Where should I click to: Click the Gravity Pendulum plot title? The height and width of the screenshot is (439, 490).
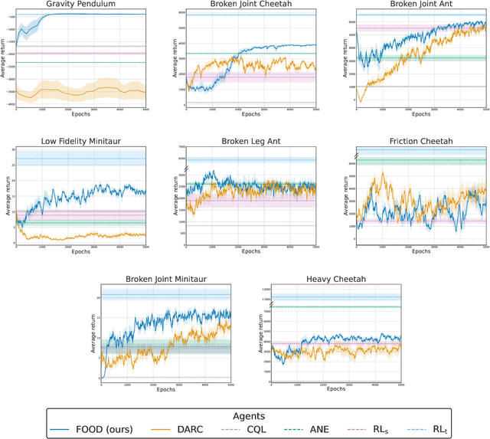[80, 5]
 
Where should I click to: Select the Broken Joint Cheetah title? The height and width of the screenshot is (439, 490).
[251, 5]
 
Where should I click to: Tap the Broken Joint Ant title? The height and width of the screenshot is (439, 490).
[420, 5]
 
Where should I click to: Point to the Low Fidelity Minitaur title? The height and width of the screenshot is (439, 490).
[80, 140]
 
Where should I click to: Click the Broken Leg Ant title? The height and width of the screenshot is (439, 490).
[251, 140]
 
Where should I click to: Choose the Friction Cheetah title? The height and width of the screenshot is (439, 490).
[420, 140]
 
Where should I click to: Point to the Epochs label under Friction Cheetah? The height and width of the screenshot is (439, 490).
[420, 251]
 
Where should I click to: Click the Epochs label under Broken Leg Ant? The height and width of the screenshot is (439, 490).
[251, 251]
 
